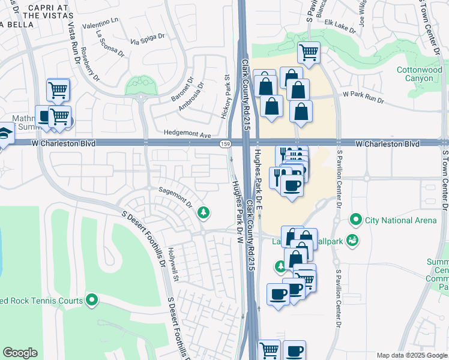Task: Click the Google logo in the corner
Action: coord(20,353)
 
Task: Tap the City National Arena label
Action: coord(401,220)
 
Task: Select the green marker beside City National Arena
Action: coord(357,220)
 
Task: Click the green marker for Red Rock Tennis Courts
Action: coord(91,299)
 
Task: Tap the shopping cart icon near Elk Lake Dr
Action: coord(309,52)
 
